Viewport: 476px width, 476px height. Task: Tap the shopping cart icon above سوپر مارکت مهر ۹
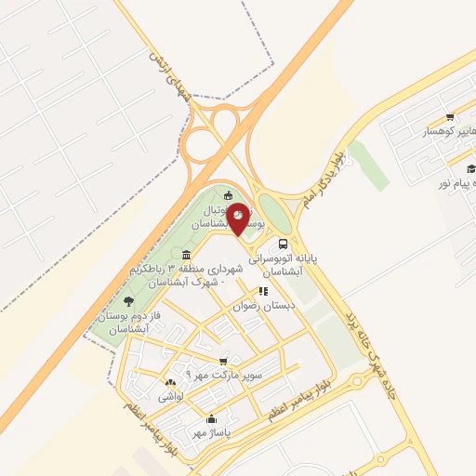tap(222, 362)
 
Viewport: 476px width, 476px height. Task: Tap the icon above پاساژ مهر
tap(212, 418)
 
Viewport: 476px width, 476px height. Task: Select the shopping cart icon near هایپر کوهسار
tap(450, 117)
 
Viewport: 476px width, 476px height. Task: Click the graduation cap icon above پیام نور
tap(470, 167)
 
